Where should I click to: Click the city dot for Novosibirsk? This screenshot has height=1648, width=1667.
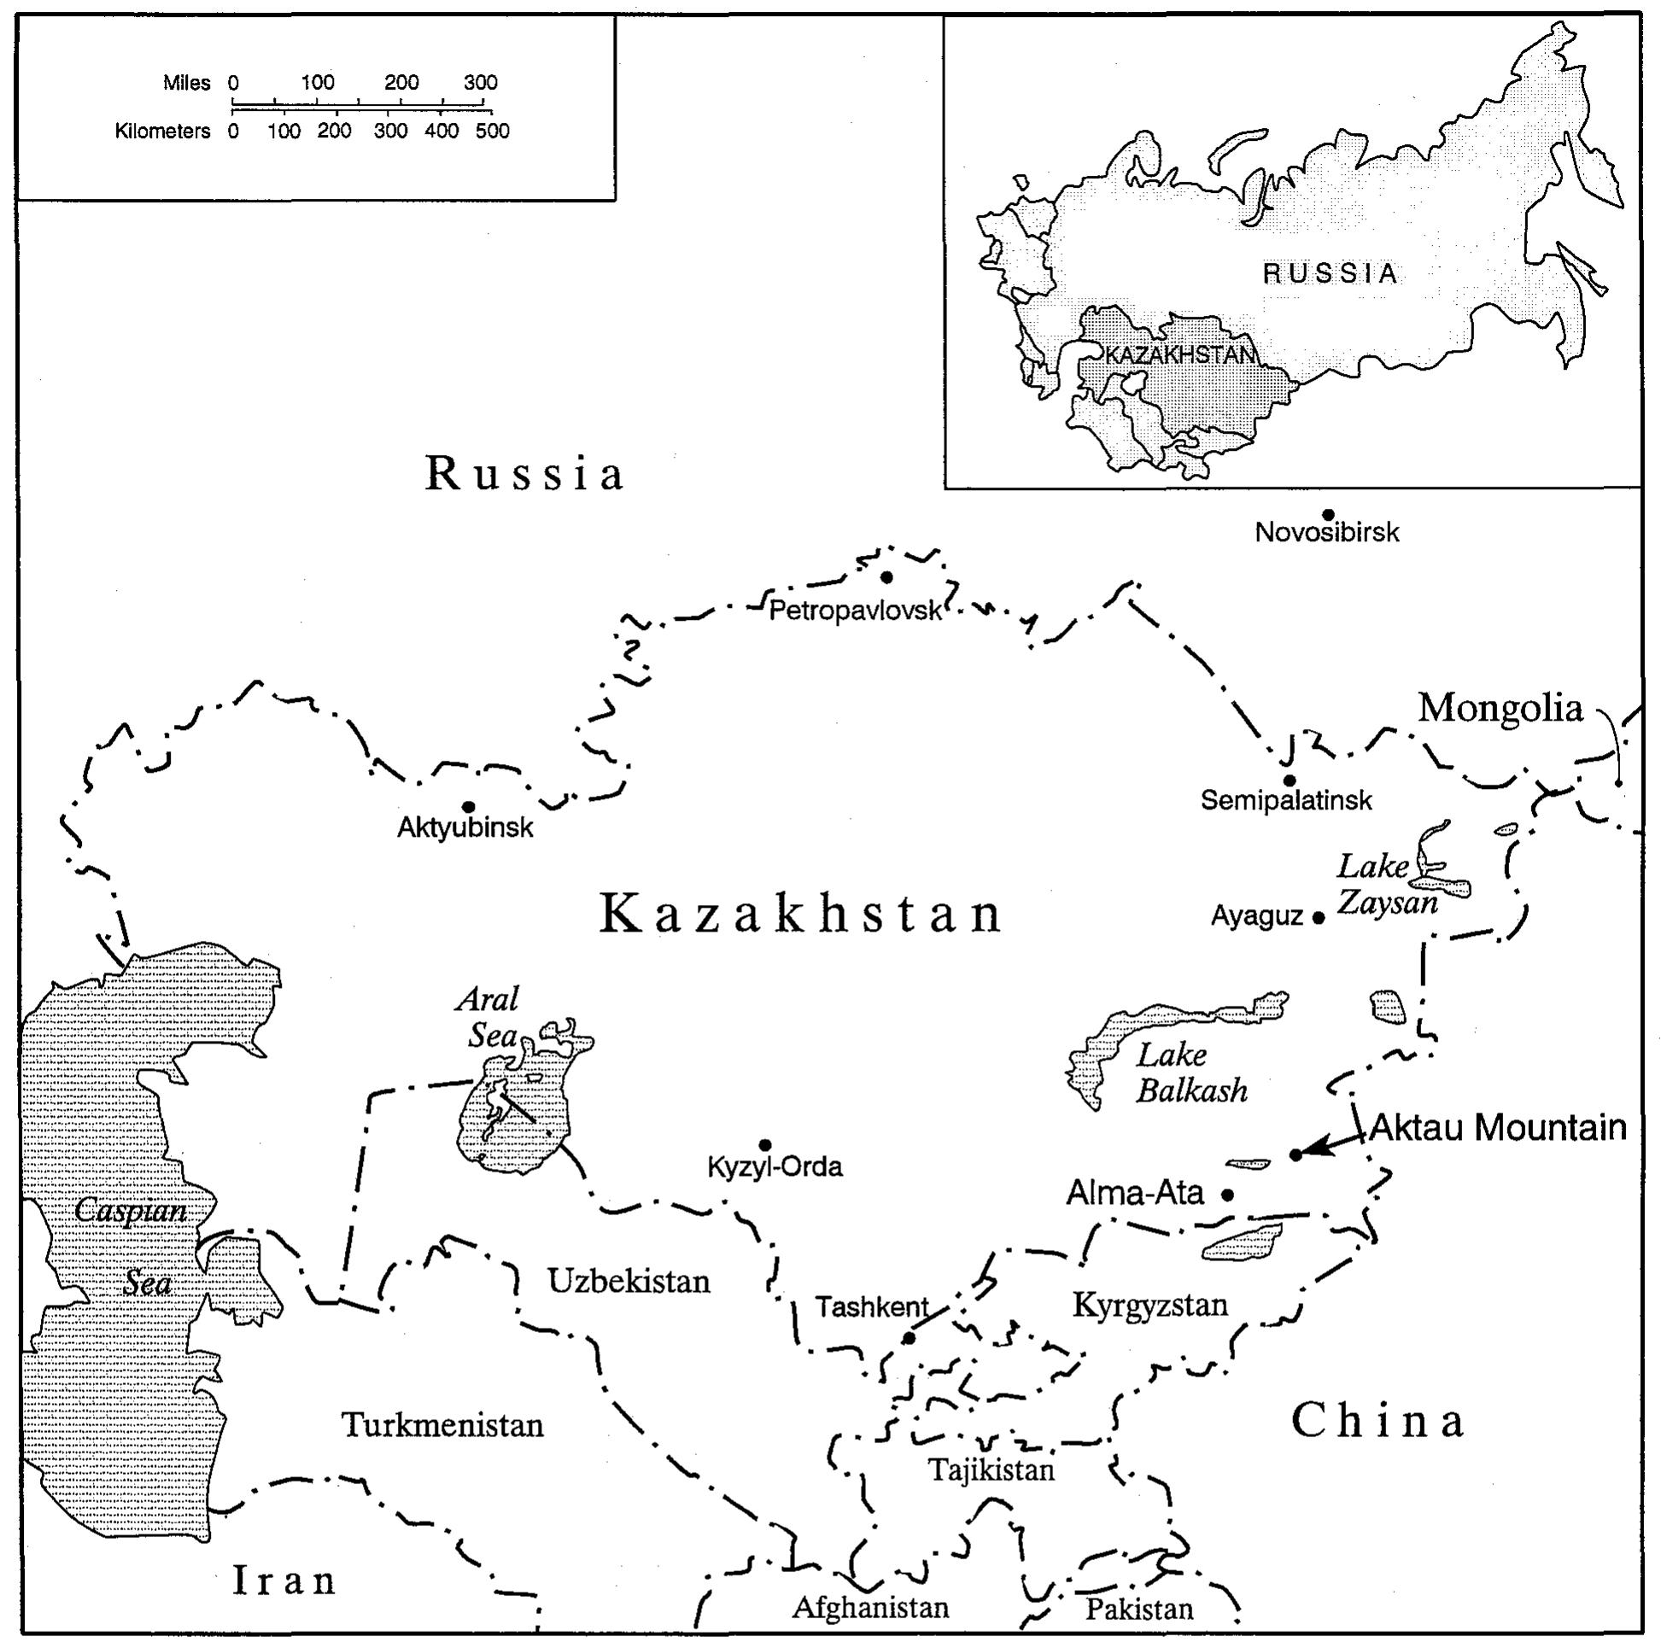(1328, 514)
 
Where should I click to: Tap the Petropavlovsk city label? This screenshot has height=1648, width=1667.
(854, 611)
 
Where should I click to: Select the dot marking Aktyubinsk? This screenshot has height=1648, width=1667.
(469, 807)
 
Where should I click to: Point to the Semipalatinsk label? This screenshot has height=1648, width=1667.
(1285, 800)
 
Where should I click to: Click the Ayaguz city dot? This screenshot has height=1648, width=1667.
(1318, 918)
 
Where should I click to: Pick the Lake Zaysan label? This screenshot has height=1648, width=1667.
(1387, 885)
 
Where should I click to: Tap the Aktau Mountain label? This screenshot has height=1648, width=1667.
(1498, 1128)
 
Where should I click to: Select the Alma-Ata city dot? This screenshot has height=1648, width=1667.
(1227, 1195)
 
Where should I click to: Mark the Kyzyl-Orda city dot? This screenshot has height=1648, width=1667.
(764, 1145)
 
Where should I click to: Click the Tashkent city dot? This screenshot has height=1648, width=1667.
(909, 1337)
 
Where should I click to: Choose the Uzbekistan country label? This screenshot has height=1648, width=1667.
(629, 1282)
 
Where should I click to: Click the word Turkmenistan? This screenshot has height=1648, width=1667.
(442, 1424)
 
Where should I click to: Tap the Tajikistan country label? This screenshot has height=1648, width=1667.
(991, 1469)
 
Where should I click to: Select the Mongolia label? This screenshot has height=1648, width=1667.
(1500, 708)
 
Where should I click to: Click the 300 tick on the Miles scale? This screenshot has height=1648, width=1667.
(481, 83)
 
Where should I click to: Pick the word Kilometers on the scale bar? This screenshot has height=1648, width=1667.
(162, 131)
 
